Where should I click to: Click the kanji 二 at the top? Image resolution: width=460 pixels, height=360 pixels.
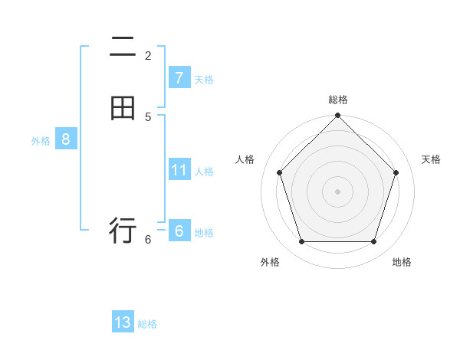click(x=123, y=50)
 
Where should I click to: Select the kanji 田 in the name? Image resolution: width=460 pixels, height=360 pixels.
click(x=123, y=108)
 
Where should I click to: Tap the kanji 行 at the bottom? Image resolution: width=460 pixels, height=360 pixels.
click(x=123, y=229)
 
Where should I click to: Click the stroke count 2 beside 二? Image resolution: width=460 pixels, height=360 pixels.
click(x=148, y=55)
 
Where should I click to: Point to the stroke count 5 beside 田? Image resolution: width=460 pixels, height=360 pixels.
click(x=148, y=116)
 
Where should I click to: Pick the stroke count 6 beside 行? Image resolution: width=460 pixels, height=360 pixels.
click(x=148, y=239)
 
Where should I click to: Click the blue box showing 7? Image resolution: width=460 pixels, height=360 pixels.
click(x=179, y=77)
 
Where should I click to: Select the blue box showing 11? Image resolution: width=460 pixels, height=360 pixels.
click(x=179, y=169)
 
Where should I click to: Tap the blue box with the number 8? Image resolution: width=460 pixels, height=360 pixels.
click(x=66, y=139)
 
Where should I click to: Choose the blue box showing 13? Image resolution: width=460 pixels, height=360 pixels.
click(x=123, y=322)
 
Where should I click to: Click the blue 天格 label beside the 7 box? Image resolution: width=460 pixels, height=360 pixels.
click(x=204, y=80)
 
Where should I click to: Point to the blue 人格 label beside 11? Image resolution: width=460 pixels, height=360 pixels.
click(x=204, y=172)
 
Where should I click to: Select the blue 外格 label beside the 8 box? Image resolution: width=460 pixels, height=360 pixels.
click(x=41, y=141)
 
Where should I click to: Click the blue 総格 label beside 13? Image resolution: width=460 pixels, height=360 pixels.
click(x=147, y=324)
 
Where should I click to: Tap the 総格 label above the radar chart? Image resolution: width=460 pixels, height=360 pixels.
click(x=338, y=100)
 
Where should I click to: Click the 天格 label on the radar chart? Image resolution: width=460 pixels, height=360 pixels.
click(x=431, y=159)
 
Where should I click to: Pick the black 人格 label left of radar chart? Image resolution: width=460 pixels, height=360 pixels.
click(x=245, y=159)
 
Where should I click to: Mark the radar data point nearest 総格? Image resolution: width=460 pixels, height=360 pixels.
click(x=338, y=116)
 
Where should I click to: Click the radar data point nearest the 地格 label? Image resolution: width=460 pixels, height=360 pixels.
click(x=373, y=241)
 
